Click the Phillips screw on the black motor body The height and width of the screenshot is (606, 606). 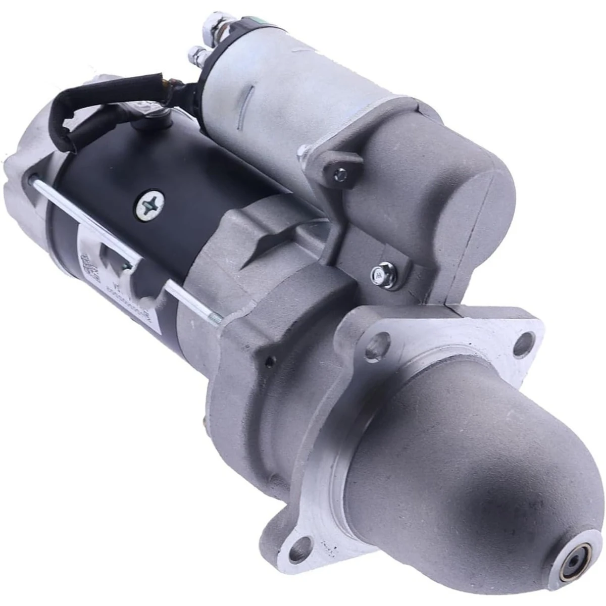pos(150,204)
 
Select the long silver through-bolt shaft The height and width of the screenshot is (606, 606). pos(126,247)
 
